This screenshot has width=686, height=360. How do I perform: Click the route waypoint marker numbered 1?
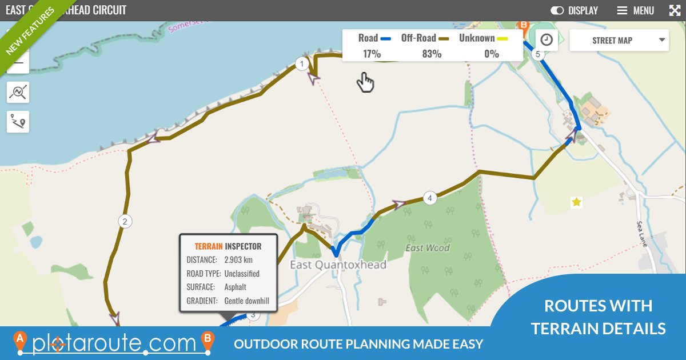[x=302, y=64]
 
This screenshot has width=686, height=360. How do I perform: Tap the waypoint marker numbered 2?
[x=125, y=221]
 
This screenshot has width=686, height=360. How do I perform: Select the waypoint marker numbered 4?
[x=430, y=198]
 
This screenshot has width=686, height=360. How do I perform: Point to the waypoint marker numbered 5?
[x=536, y=54]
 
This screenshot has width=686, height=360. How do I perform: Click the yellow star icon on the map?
[x=576, y=202]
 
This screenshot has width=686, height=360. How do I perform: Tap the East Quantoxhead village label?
[x=338, y=265]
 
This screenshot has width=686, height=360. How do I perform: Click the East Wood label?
[x=428, y=248]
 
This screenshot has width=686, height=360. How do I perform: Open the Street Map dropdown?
[x=619, y=41]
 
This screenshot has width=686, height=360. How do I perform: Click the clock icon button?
[x=547, y=39]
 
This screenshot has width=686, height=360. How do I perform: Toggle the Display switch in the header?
[x=557, y=10]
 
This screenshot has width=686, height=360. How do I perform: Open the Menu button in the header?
[x=635, y=10]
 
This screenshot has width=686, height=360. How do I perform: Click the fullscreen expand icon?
[x=675, y=10]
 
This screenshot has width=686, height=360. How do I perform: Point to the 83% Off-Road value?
[x=432, y=54]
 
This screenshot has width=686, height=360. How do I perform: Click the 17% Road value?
[x=372, y=54]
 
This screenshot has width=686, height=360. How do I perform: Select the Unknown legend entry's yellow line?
[x=502, y=39]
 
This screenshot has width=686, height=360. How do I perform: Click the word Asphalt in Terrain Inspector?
[x=236, y=287]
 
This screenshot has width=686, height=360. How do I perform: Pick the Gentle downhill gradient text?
[x=246, y=301]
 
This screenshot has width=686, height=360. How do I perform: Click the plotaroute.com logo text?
[x=114, y=343]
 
